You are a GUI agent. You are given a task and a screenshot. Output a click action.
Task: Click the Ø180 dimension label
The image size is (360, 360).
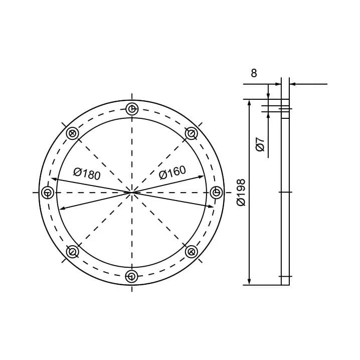[x=87, y=174]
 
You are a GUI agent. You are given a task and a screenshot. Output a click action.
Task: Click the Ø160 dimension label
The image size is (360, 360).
[x=172, y=172]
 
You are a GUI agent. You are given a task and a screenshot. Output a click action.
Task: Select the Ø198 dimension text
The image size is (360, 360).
[x=241, y=193]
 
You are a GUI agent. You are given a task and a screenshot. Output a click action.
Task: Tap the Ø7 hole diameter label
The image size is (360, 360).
[x=260, y=144]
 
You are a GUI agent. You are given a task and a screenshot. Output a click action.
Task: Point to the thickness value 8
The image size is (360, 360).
[x=254, y=73]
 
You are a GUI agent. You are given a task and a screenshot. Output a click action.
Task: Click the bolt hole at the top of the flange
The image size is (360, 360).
[x=132, y=109]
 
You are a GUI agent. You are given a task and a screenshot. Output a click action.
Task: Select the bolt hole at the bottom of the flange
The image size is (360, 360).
[x=131, y=276]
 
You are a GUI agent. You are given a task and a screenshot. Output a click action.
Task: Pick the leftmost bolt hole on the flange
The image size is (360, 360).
[x=48, y=193]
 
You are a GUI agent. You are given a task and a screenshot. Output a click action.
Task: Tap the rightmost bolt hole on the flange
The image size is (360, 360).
[x=216, y=192]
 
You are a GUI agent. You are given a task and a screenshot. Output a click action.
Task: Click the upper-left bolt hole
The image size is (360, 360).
[x=72, y=133]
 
